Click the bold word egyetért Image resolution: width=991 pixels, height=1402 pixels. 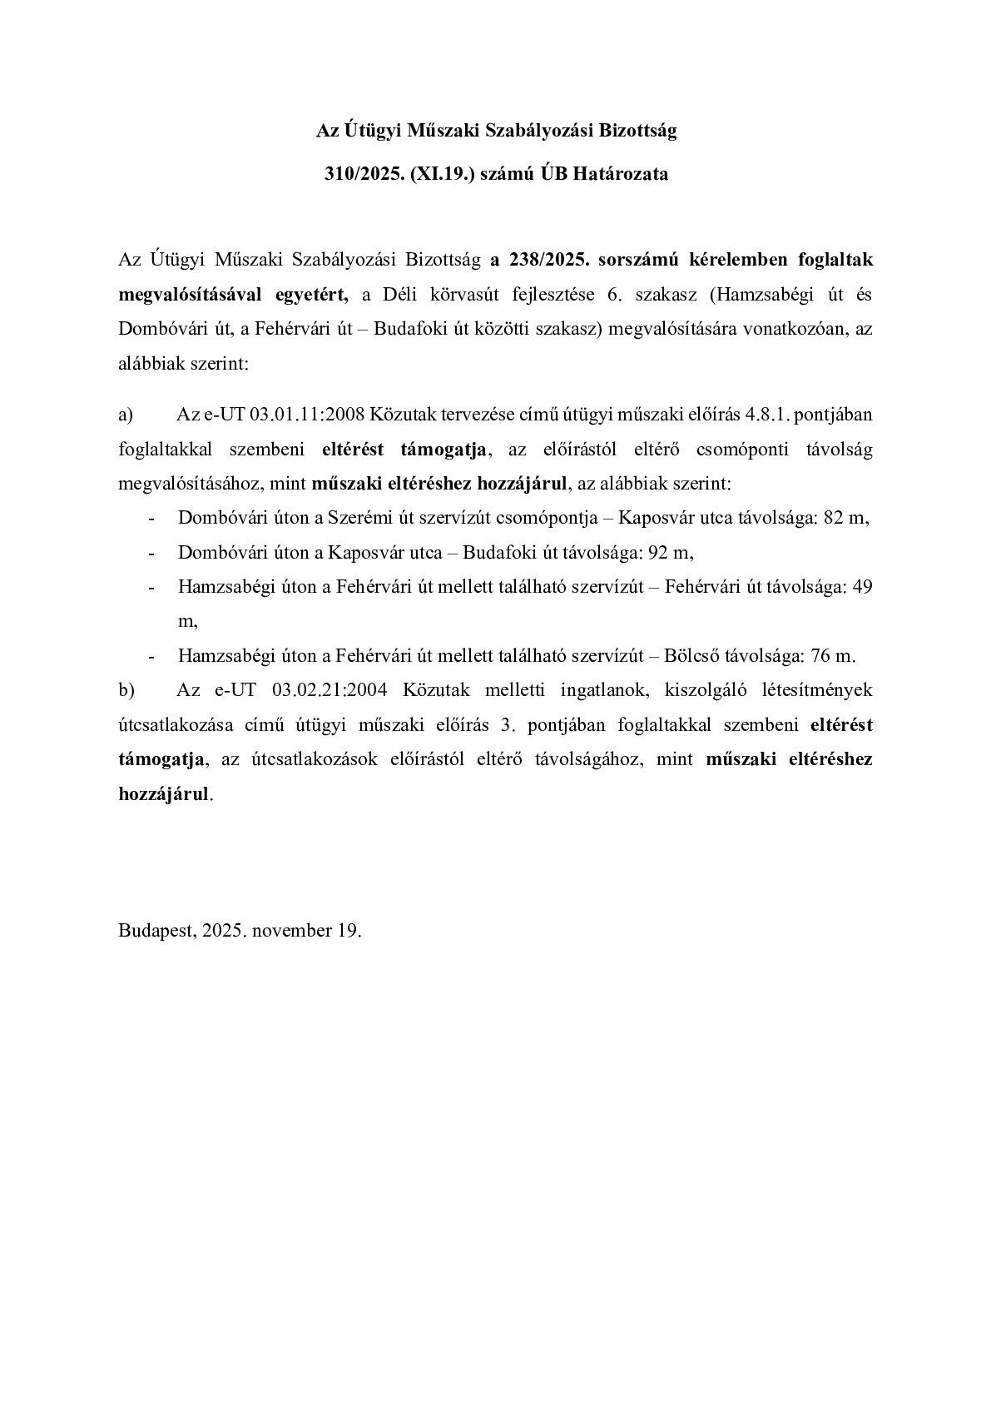[312, 294]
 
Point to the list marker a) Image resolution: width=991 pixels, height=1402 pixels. [126, 415]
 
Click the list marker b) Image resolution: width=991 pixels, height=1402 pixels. [126, 690]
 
